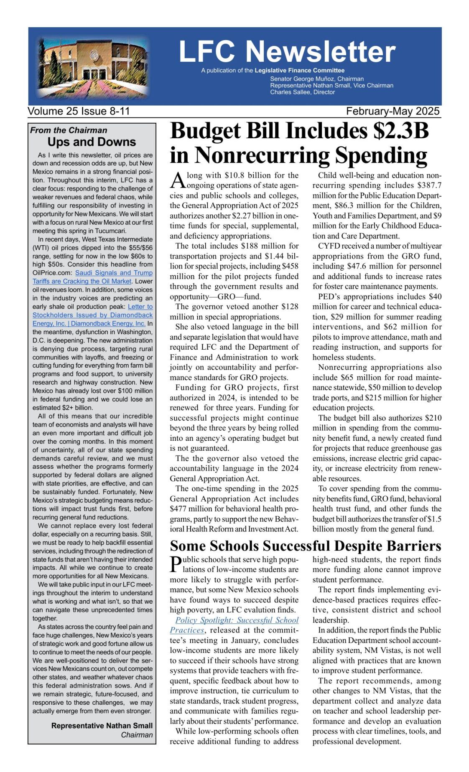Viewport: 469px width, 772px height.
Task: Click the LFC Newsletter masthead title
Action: click(x=287, y=52)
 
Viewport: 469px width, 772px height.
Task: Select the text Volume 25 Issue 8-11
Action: click(x=79, y=112)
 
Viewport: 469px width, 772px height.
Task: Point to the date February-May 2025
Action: click(x=393, y=112)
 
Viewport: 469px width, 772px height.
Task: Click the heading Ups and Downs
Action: click(x=92, y=142)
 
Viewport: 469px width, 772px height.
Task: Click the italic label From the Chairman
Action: click(x=69, y=130)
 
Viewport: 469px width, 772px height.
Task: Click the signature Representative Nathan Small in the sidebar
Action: click(x=102, y=726)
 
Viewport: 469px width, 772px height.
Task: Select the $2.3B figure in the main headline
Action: click(x=401, y=131)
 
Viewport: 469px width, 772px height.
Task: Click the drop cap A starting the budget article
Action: click(x=177, y=180)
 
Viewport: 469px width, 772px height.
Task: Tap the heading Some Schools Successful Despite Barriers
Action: click(x=306, y=546)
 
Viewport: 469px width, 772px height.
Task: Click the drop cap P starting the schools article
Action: click(x=176, y=564)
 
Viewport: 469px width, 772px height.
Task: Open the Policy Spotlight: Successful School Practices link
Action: click(x=237, y=620)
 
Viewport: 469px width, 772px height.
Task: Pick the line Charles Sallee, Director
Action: click(x=302, y=92)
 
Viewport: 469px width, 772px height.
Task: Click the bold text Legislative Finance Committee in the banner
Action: click(x=299, y=70)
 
